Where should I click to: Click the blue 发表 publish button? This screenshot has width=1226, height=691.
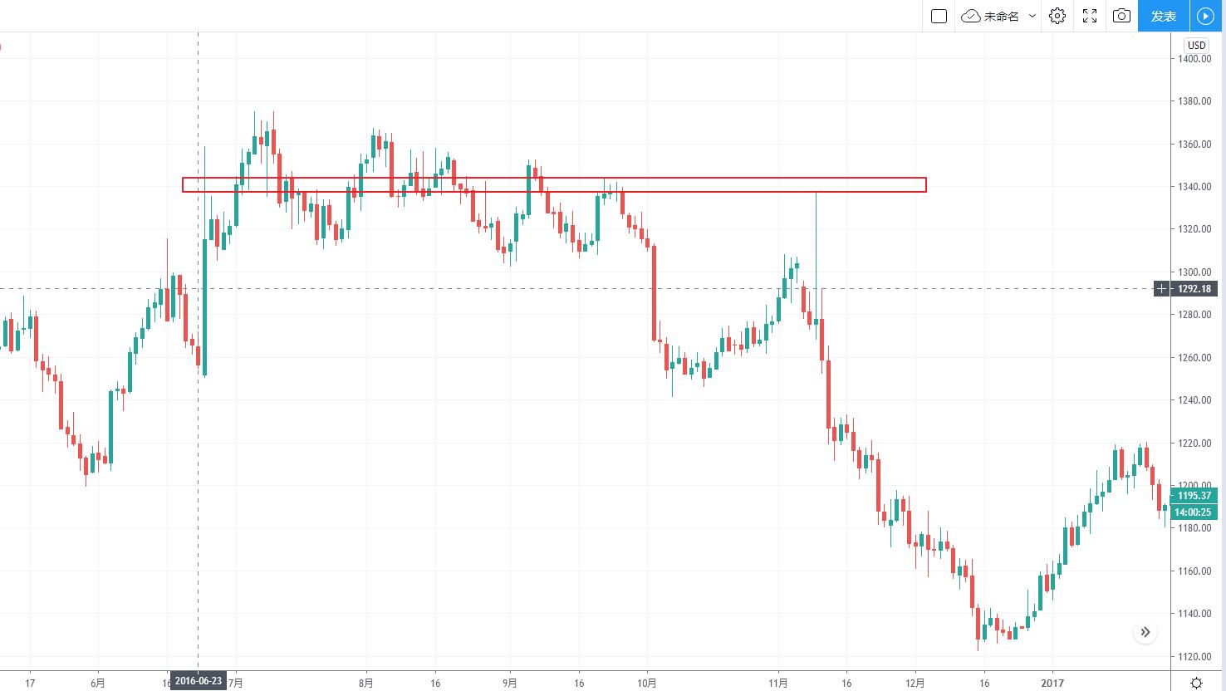1163,16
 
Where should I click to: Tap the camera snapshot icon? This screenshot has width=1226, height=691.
1121,16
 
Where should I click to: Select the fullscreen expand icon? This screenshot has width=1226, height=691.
1090,16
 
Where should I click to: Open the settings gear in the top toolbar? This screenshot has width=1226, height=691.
1057,16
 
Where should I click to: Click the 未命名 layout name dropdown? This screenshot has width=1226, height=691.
1000,16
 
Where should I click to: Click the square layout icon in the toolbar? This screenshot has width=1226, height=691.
939,16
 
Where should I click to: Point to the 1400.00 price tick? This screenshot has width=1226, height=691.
1193,59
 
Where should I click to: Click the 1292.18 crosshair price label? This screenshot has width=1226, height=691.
1194,289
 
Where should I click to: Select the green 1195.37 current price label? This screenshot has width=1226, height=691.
1194,496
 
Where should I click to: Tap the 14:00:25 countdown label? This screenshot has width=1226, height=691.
1194,512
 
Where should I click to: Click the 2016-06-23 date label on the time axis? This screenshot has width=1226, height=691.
199,682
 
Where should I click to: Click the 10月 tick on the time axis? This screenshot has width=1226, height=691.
647,684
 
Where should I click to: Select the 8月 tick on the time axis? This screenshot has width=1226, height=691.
365,684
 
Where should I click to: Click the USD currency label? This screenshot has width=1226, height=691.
1196,46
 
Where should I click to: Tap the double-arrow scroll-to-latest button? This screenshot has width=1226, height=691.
1145,633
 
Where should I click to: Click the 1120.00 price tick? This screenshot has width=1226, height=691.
1193,657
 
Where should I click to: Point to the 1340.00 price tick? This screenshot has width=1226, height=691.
1193,187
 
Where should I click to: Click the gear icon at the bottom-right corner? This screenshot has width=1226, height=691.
1196,683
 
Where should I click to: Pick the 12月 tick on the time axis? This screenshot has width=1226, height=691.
915,684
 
